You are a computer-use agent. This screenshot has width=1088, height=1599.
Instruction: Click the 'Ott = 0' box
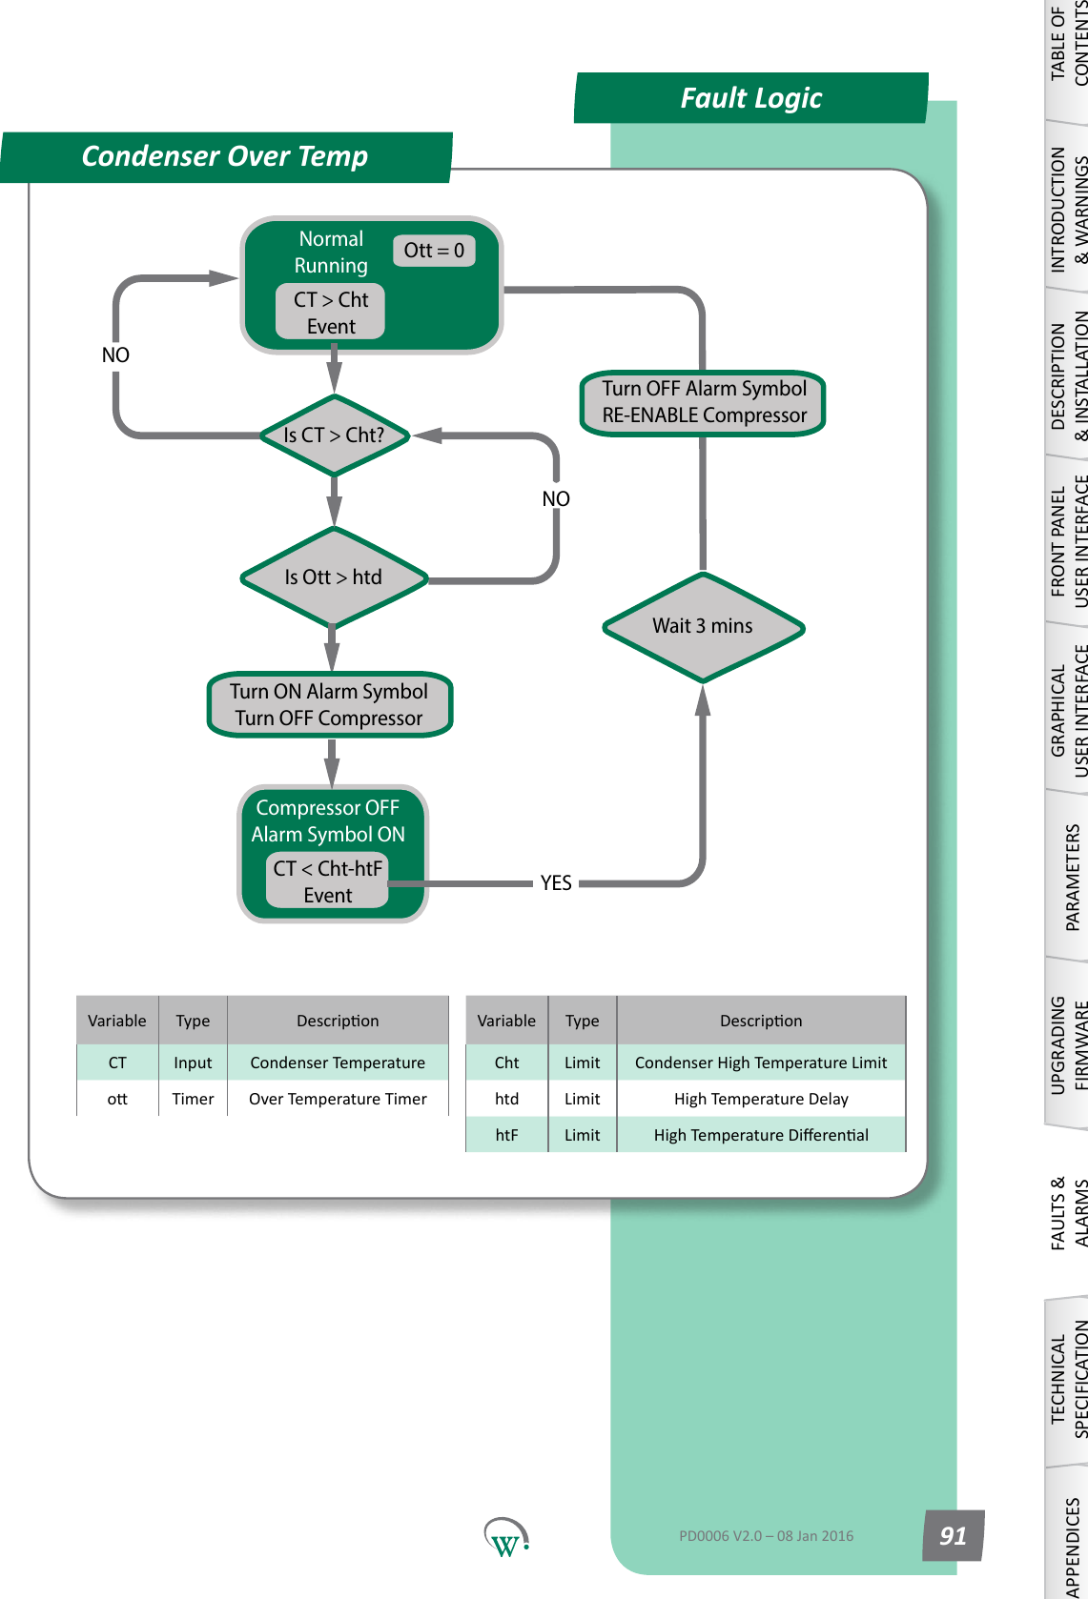tap(434, 251)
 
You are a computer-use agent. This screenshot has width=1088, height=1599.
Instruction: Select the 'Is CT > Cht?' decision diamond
tap(334, 435)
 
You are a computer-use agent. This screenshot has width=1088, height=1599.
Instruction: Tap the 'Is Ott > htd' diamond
tap(334, 577)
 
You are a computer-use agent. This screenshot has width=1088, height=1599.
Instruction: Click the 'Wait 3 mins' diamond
tap(703, 626)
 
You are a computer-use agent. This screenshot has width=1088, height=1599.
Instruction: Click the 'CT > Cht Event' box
tap(331, 313)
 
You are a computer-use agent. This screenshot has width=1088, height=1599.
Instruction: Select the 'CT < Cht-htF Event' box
tap(327, 881)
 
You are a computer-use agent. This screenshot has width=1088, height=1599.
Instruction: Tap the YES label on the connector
tap(556, 883)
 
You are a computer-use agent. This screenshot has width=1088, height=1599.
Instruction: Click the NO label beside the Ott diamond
tap(556, 498)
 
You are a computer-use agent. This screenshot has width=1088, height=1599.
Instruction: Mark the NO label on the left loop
tap(115, 354)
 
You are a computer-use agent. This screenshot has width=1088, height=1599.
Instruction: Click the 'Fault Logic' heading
tap(750, 98)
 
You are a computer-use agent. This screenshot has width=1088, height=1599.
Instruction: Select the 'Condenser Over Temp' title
tap(225, 156)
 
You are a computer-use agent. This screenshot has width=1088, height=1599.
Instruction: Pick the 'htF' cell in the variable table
tap(506, 1135)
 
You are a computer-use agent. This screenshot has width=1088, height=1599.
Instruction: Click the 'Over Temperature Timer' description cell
tap(338, 1099)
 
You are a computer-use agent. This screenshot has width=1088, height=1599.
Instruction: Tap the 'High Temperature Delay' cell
tap(761, 1099)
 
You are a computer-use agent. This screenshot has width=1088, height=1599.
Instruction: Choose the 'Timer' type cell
tap(193, 1099)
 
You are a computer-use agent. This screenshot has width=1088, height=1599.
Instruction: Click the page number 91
tap(953, 1535)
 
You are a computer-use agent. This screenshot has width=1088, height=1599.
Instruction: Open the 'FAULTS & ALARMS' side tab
tap(1068, 1212)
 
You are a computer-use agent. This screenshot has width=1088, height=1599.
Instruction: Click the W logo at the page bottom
tap(505, 1537)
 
